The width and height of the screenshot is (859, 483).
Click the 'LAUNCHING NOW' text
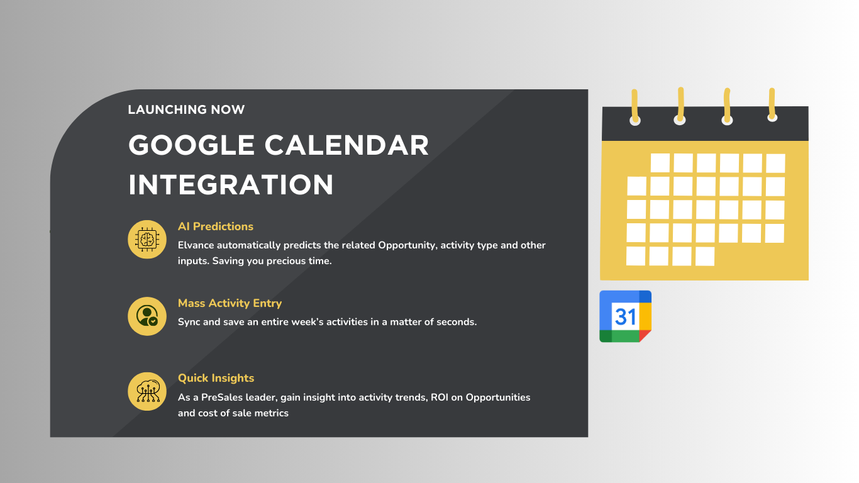coord(186,110)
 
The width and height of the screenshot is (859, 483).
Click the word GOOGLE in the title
coord(191,146)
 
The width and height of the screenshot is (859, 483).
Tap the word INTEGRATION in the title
coord(231,185)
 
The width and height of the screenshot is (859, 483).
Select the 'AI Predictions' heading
coord(215,226)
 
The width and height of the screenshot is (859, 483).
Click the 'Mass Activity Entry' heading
coord(230,303)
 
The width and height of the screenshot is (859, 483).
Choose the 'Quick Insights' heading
coord(216,378)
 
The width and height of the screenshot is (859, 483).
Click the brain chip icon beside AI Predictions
coord(147,239)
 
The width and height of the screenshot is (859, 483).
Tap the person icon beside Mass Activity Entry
coord(147,316)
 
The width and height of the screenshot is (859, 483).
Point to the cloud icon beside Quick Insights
coord(147,392)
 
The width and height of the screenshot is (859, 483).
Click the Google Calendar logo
coord(625,316)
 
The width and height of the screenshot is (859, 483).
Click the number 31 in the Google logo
coord(625,316)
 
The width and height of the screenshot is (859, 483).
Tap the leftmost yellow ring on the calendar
coord(635,106)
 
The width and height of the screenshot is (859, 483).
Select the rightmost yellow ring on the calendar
coord(772,104)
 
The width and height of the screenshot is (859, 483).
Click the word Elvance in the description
coord(196,245)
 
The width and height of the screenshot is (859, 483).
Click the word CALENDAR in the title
coord(346,146)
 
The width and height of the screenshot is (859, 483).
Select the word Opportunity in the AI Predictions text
coord(406,245)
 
